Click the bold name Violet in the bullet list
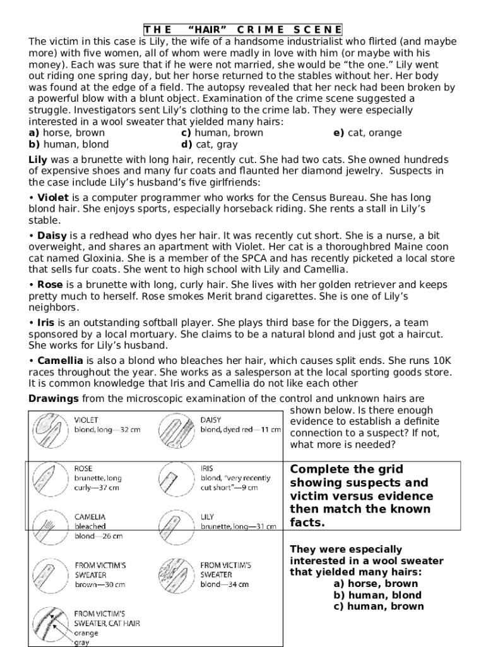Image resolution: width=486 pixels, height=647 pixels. tap(53, 198)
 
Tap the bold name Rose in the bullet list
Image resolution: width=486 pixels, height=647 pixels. tap(50, 285)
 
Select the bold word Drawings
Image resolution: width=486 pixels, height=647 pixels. tap(54, 398)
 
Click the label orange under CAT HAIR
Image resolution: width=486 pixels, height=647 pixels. tap(87, 633)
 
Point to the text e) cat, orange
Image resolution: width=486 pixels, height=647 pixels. tap(367, 133)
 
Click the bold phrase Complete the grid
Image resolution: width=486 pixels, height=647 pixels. tap(346, 469)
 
